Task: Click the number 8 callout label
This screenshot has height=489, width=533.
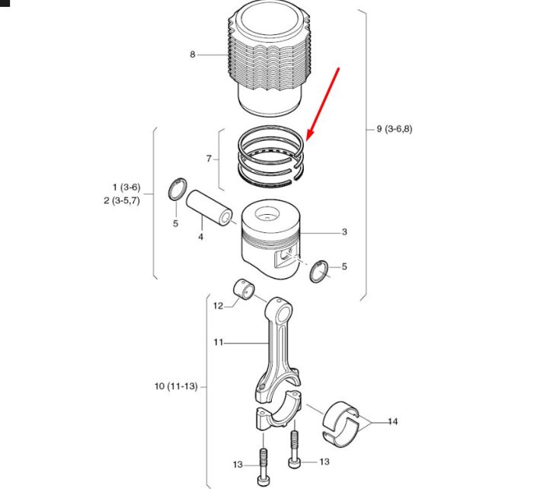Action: [x=193, y=54]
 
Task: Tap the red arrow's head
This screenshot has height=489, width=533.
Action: [x=310, y=136]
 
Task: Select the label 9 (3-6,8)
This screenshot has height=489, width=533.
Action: [x=394, y=129]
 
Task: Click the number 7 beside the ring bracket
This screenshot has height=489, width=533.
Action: [x=209, y=158]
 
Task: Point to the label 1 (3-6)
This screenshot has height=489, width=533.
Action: [x=126, y=187]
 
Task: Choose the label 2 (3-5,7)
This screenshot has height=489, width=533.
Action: [x=122, y=200]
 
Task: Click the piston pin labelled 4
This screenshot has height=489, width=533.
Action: [x=209, y=207]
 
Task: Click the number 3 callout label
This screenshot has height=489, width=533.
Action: [x=344, y=232]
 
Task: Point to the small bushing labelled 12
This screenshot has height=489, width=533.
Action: [x=244, y=289]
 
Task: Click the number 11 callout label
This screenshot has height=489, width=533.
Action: [x=219, y=342]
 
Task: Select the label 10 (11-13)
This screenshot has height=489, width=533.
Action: [x=176, y=386]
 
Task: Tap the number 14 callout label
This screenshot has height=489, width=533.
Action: [x=393, y=422]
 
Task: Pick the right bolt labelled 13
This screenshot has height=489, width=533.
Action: [x=295, y=449]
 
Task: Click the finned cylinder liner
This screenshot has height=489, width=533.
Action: [x=270, y=58]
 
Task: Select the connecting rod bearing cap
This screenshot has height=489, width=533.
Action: [x=279, y=410]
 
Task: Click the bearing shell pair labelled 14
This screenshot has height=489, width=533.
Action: [x=340, y=423]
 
